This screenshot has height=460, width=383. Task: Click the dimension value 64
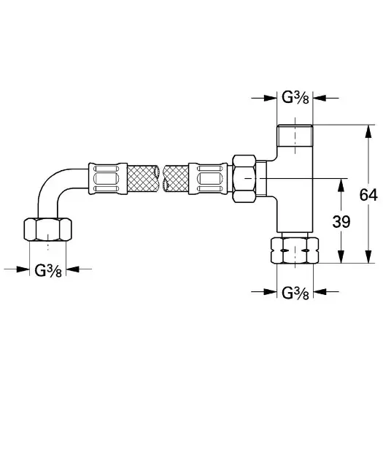368,195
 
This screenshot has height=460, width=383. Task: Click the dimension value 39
341,221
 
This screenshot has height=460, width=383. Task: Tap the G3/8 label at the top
295,97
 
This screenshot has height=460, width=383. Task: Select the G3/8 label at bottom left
48,270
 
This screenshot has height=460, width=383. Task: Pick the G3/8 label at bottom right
295,293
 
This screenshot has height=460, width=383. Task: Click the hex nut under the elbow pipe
47,229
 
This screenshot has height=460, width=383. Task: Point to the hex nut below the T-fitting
295,250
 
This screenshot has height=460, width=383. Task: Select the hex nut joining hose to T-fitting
244,179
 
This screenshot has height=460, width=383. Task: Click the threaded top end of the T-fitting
295,136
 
